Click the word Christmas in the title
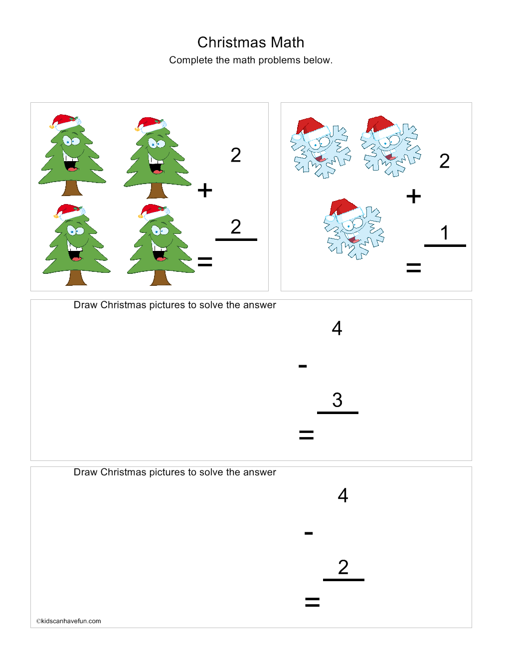[x=232, y=42]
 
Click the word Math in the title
[x=288, y=42]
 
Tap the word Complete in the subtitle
[x=190, y=60]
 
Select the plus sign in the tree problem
[x=205, y=191]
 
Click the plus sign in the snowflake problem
[x=414, y=197]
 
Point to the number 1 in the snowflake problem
[x=444, y=233]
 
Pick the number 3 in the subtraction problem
[x=338, y=400]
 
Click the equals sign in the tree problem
[x=205, y=262]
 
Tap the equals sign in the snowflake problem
[x=414, y=268]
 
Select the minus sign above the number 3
[x=303, y=366]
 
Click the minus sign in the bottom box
[x=309, y=533]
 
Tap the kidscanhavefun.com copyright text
[x=69, y=621]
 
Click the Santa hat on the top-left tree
[x=65, y=122]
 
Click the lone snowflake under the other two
[x=353, y=229]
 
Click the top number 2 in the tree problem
[x=236, y=155]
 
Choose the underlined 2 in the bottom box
[x=343, y=567]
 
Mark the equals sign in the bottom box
[x=312, y=602]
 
